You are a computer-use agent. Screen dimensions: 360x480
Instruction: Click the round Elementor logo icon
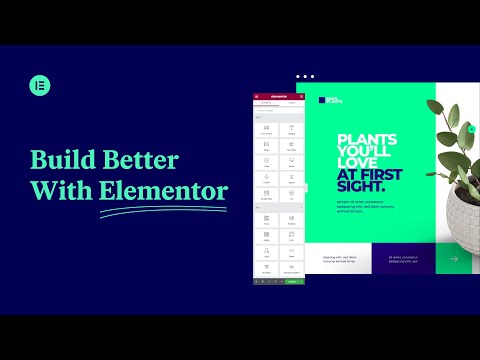pos(40,85)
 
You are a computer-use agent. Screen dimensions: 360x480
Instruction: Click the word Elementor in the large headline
pos(163,189)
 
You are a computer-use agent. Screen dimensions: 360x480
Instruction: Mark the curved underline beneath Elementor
pos(163,209)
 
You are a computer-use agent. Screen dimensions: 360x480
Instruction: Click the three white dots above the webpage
pos(305,76)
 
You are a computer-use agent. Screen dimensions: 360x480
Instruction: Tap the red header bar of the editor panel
pos(280,96)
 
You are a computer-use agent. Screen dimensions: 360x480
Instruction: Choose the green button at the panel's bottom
pos(292,282)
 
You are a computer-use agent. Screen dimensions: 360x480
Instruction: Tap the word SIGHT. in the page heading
pos(361,187)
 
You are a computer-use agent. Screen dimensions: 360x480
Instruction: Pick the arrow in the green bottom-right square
pos(453,259)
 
